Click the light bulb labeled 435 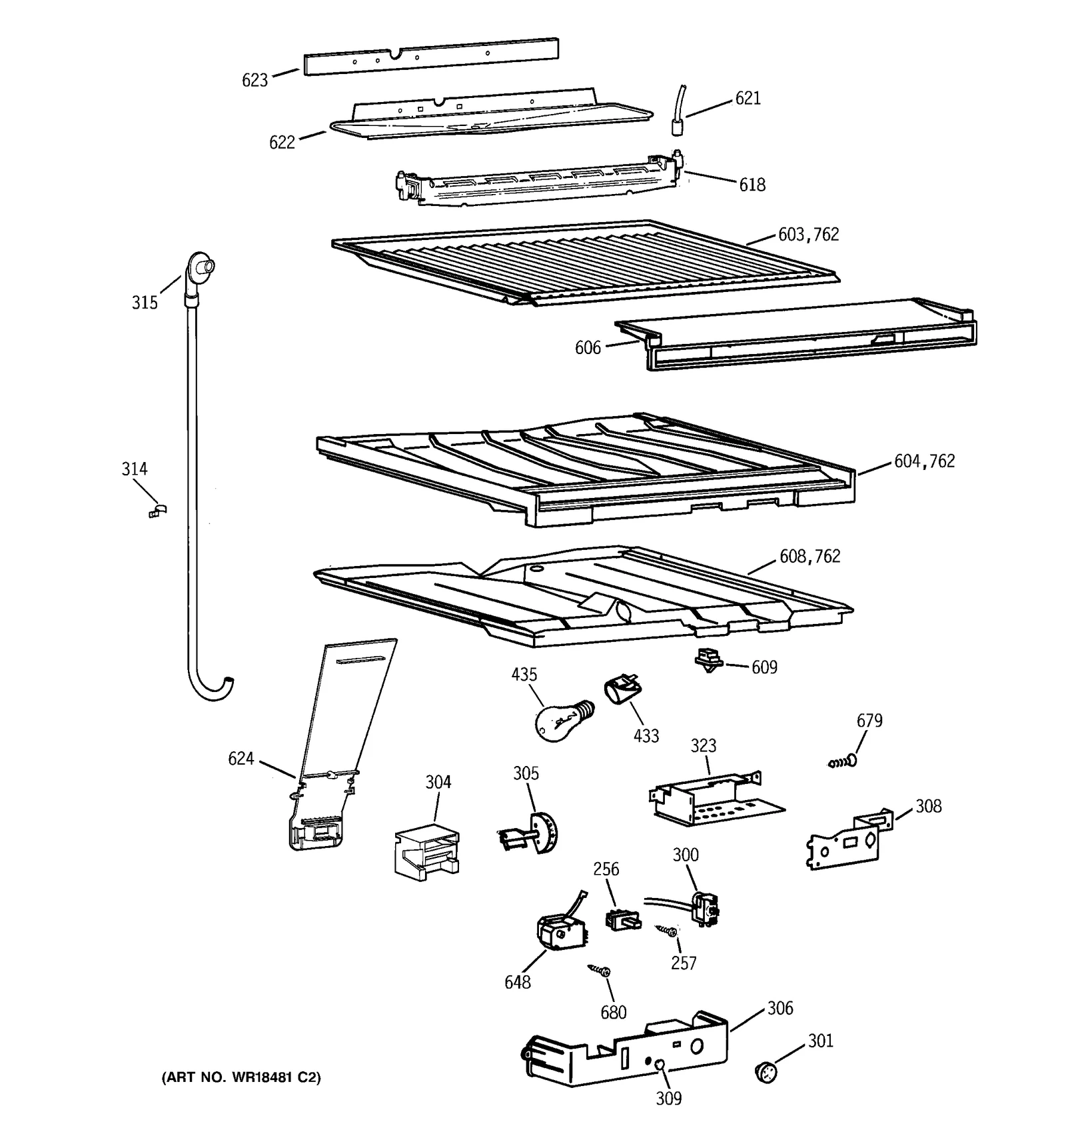click(x=558, y=718)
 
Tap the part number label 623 click(x=255, y=80)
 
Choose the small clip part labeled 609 click(x=708, y=660)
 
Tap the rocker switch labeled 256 click(x=622, y=920)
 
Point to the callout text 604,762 click(x=924, y=461)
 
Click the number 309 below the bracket click(x=668, y=1098)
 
